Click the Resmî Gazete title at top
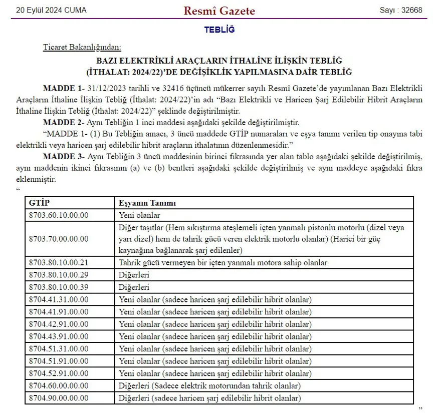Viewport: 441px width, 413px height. point(219,11)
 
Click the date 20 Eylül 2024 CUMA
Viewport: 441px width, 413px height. point(51,11)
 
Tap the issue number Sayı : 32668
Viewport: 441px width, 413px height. point(401,11)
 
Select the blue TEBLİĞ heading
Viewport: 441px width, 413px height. point(219,30)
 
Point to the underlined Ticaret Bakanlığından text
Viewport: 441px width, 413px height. point(82,48)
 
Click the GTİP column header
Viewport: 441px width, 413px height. point(40,203)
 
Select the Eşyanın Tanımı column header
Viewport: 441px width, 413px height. point(147,203)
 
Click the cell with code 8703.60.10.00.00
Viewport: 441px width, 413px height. point(59,215)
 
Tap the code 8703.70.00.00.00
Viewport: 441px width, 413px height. point(59,238)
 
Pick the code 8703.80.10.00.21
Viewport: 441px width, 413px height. point(59,262)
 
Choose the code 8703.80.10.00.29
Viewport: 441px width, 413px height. point(59,275)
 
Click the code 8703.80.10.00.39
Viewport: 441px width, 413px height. point(59,287)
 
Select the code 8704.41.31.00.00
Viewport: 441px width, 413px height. point(59,299)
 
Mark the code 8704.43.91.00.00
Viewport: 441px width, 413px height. point(59,336)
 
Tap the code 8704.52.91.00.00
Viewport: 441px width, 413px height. point(59,373)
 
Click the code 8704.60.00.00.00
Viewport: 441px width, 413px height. point(59,386)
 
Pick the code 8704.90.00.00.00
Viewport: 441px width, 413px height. point(59,398)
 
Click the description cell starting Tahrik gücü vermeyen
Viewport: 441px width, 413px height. point(223,262)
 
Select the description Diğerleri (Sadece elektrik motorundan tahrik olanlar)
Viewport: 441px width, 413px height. point(209,386)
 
